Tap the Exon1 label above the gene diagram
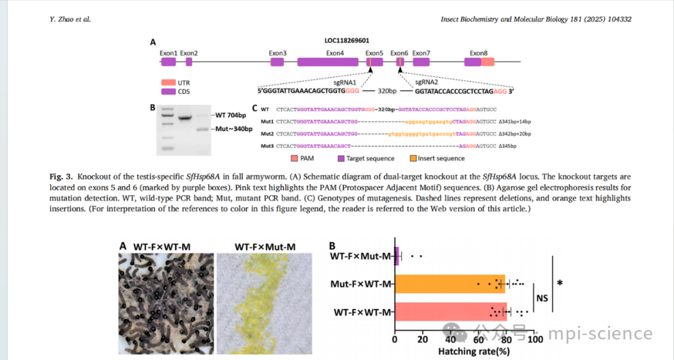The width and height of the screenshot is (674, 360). (x=168, y=53)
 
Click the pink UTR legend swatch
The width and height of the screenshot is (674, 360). (x=168, y=82)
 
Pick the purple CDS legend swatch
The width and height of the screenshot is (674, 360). (x=168, y=92)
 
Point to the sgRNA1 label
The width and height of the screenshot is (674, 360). (x=344, y=82)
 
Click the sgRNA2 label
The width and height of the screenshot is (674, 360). (x=427, y=82)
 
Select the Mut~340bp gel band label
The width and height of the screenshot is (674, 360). (x=234, y=129)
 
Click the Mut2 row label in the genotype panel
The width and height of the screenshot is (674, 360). (x=268, y=134)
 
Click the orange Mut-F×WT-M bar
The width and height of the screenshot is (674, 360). (x=449, y=284)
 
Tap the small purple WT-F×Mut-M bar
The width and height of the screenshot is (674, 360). (x=397, y=255)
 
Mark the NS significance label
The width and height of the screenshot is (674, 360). (x=542, y=298)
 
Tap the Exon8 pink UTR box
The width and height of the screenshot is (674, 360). (x=487, y=62)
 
